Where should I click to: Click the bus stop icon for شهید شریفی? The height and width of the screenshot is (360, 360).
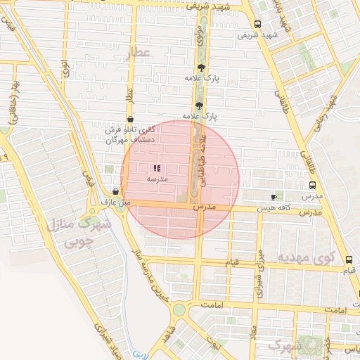257,22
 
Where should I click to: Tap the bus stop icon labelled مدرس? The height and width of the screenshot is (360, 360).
312,186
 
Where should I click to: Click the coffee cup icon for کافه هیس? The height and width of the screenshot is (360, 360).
274,197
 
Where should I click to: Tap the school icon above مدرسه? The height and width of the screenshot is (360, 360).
156,168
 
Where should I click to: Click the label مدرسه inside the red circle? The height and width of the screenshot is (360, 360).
156,180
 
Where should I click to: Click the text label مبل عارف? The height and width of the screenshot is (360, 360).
117,202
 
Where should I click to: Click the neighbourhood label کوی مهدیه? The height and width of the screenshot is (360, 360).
304,257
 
